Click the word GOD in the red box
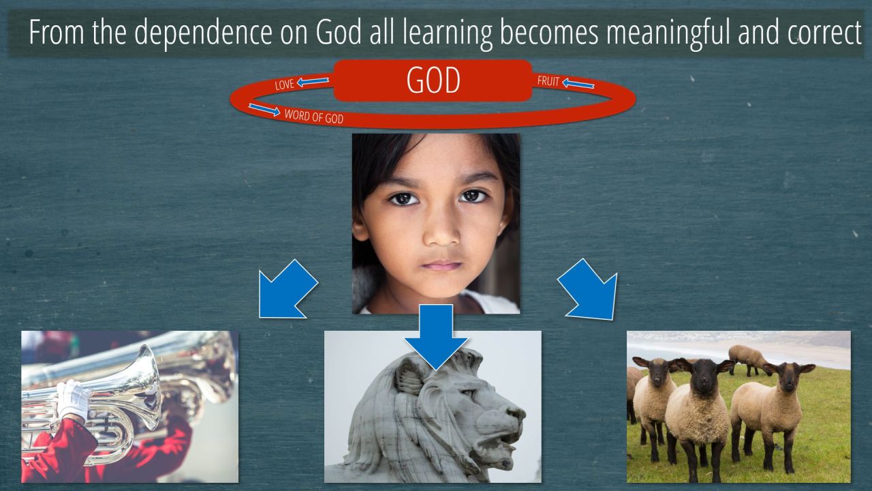(x=433, y=80)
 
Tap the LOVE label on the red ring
(x=284, y=85)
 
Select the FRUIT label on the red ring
(x=548, y=81)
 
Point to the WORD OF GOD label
(x=314, y=117)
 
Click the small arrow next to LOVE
(x=313, y=81)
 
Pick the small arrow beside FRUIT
(x=578, y=83)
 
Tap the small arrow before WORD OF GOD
(x=264, y=110)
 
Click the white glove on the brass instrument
(x=74, y=400)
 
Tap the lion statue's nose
(x=516, y=413)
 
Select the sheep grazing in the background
(x=747, y=359)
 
